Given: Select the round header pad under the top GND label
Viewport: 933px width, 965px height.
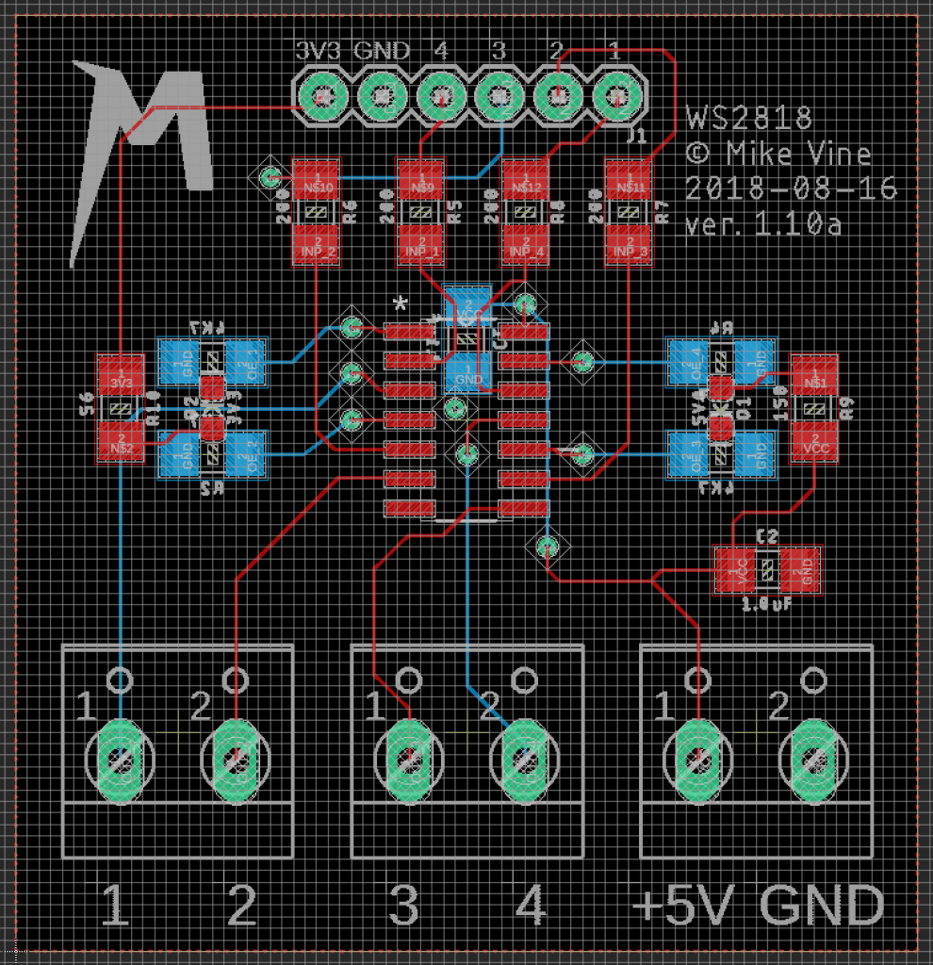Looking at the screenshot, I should [382, 95].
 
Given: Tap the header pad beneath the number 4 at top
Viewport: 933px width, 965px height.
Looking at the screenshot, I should [440, 95].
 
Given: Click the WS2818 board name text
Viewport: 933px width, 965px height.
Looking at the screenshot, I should [749, 119].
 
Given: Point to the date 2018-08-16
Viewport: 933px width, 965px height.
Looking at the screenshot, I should [791, 189].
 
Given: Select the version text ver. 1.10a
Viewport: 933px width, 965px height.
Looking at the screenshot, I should [763, 225].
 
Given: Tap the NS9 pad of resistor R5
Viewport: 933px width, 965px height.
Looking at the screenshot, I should [420, 181].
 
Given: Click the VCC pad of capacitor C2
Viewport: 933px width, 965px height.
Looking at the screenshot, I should [736, 570].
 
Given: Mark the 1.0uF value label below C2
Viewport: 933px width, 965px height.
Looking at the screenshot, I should [766, 604].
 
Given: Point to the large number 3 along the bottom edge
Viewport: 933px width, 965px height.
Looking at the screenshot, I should [404, 907].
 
